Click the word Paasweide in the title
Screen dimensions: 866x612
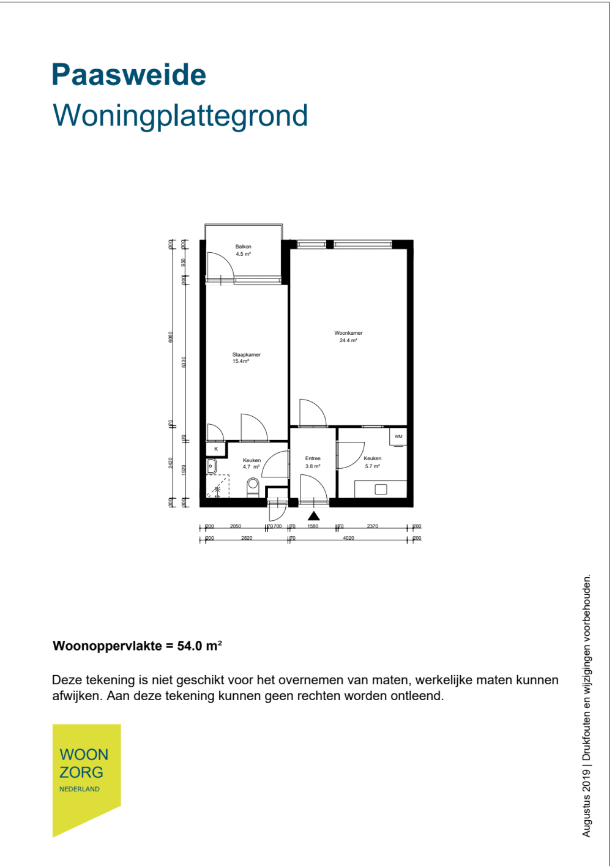click(129, 75)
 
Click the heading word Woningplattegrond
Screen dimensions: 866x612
click(180, 116)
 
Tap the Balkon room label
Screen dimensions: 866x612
click(243, 247)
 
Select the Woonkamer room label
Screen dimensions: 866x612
click(348, 333)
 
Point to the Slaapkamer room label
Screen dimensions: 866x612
click(246, 354)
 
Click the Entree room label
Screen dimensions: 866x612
click(313, 458)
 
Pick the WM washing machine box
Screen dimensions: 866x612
click(398, 436)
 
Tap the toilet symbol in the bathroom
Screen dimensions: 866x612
click(253, 486)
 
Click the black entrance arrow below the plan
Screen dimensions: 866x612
click(314, 516)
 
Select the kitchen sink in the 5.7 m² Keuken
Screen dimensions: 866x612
click(381, 489)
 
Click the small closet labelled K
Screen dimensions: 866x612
click(216, 449)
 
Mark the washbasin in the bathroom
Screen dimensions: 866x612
click(211, 466)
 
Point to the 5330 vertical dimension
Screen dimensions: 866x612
click(184, 362)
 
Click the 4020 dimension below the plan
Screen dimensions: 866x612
click(348, 538)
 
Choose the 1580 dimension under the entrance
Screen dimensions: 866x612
click(313, 526)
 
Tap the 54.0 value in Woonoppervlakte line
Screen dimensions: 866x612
click(189, 646)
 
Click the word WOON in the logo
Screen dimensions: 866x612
click(84, 755)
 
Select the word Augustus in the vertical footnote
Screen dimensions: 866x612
click(587, 816)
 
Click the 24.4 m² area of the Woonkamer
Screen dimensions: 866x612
click(348, 340)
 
